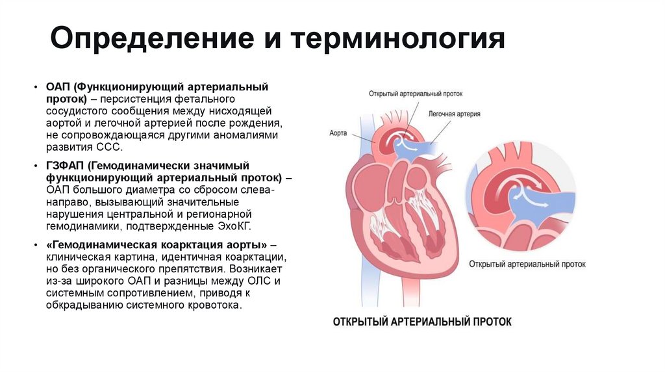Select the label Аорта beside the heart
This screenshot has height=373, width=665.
(x=338, y=133)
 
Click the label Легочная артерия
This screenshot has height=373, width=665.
(x=454, y=113)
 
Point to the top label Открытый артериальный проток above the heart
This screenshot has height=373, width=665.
(x=415, y=93)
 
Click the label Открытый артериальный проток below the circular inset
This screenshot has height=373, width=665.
(x=527, y=264)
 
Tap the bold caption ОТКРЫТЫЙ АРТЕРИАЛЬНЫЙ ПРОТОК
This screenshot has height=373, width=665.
(x=422, y=322)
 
